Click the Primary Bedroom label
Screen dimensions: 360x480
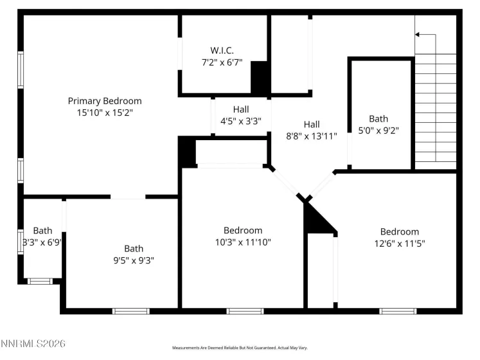105,101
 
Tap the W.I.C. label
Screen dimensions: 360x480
222,50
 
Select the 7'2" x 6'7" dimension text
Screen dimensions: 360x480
222,63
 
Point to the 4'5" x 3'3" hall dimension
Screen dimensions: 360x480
241,120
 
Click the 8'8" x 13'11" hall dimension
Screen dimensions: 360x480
312,136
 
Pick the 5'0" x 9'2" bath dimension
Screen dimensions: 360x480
378,130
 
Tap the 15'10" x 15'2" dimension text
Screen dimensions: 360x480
105,113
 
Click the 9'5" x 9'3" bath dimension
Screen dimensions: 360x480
134,260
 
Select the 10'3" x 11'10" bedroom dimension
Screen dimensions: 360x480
243,242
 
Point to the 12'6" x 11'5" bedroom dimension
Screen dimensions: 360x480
399,243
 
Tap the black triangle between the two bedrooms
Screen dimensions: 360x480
317,219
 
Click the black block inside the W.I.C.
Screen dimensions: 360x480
260,77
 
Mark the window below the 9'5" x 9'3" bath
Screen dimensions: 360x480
131,311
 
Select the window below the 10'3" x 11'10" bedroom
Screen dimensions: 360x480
245,311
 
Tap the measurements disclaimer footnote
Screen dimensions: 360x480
239,348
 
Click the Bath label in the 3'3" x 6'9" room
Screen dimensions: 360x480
42,231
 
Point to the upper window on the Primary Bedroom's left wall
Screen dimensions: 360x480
21,69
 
